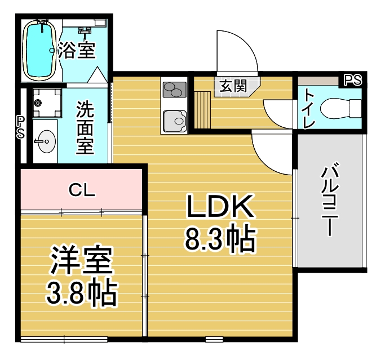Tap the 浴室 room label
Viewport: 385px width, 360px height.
pos(77,51)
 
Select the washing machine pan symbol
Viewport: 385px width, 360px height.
pos(47,103)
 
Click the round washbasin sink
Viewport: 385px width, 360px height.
pos(46,141)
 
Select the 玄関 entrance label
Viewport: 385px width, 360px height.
pos(233,86)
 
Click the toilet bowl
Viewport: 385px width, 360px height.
pos(341,108)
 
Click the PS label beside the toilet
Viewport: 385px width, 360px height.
pos(353,80)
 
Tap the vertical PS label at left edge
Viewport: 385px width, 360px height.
pos(21,127)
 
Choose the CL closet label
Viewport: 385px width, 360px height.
pos(82,190)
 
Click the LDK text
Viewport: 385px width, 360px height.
pos(220,206)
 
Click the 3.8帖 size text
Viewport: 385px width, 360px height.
pos(81,294)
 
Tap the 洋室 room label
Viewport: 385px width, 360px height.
pos(82,260)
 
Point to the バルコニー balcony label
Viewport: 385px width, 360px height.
pos(330,199)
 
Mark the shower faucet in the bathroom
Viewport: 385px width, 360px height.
pos(85,31)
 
